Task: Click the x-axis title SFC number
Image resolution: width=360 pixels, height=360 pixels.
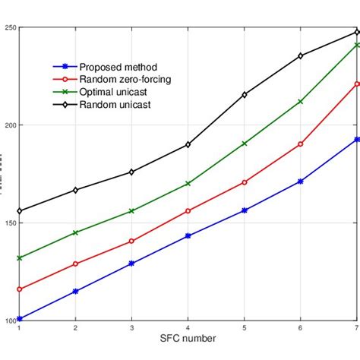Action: [187, 338]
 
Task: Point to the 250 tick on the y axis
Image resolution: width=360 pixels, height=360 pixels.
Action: [10, 27]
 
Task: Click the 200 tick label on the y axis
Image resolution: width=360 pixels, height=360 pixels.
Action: [10, 125]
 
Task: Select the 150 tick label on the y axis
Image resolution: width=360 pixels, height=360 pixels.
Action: [10, 223]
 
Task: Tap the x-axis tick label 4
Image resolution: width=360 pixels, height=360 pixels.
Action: [188, 327]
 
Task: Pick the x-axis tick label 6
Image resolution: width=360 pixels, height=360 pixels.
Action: [301, 327]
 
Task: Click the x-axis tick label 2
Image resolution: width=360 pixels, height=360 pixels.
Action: [75, 327]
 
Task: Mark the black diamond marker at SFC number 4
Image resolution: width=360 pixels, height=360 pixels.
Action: [188, 144]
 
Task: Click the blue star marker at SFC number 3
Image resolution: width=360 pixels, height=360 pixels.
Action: [131, 264]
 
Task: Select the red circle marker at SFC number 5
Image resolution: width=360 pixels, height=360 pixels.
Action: [244, 182]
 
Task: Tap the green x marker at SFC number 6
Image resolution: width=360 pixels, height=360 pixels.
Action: [301, 102]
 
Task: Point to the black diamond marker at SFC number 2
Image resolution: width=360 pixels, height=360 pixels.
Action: [75, 190]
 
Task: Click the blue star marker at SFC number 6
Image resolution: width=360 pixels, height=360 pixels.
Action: [301, 182]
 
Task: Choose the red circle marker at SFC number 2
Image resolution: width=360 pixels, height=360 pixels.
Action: [75, 264]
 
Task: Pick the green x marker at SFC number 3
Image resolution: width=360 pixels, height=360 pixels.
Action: [131, 211]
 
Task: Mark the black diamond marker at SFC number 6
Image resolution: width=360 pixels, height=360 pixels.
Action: [301, 55]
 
